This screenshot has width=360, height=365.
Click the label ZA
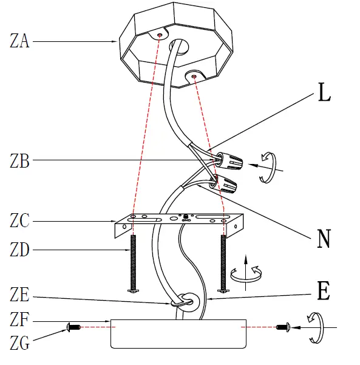[x=19, y=42]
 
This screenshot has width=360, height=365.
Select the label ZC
[x=19, y=221]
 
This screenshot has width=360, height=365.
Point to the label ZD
[x=19, y=250]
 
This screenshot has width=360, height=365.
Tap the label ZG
[x=19, y=344]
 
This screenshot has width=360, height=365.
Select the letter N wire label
[x=324, y=239]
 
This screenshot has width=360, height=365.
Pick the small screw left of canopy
[x=73, y=327]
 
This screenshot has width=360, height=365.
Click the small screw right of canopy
[x=283, y=327]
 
